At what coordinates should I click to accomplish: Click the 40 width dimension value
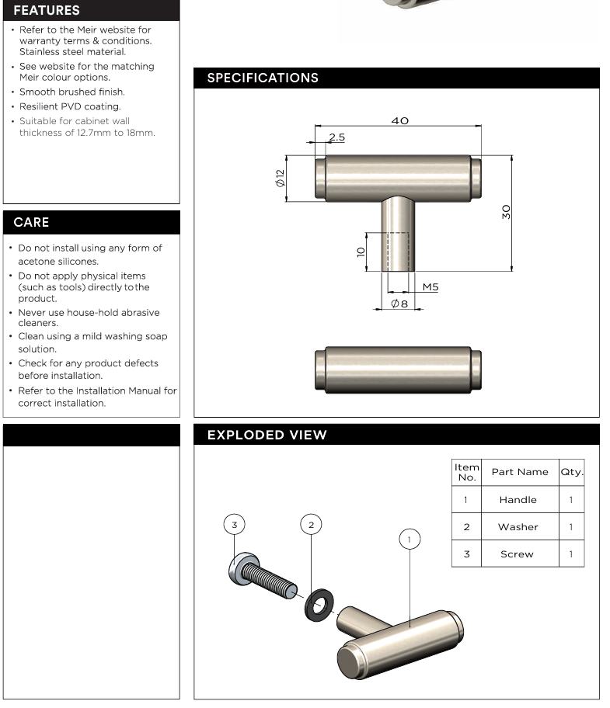(x=399, y=120)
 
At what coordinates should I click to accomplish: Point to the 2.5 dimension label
(x=336, y=137)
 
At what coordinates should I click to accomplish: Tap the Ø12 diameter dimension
(x=280, y=178)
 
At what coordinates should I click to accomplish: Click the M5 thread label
(x=430, y=286)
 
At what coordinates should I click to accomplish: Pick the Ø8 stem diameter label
(x=399, y=303)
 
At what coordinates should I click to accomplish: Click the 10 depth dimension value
(x=361, y=252)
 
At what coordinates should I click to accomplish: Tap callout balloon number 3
(x=235, y=525)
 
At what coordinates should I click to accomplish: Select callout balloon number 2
(x=311, y=525)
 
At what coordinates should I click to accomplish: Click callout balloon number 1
(x=410, y=539)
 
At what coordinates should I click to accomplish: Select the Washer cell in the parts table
(x=518, y=526)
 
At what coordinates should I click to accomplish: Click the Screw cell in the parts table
(x=518, y=554)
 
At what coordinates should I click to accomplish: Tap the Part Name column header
(x=519, y=471)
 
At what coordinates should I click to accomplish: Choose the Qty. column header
(x=572, y=471)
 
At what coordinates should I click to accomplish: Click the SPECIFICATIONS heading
(x=263, y=78)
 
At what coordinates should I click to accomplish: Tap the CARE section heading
(x=31, y=222)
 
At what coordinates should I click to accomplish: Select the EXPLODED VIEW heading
(x=267, y=435)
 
